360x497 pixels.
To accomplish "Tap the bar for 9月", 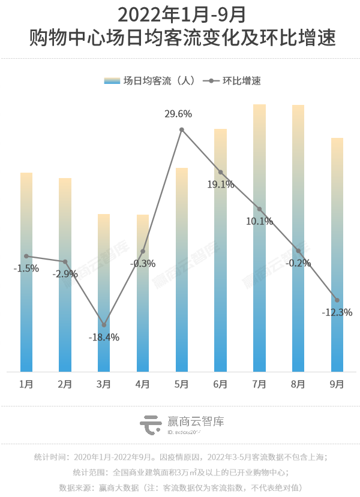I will point(337,255).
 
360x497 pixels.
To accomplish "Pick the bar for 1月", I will point(26,272).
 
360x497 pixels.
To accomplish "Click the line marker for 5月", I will point(182,129).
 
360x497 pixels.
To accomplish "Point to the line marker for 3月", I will point(104,325).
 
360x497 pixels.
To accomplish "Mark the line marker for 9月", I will point(337,300).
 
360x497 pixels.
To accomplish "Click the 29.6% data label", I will point(179,114).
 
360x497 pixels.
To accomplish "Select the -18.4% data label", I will point(104,338).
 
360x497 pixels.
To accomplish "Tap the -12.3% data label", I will point(337,312).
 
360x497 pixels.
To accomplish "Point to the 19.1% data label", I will point(220,185).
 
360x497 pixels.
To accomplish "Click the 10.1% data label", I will point(260,221).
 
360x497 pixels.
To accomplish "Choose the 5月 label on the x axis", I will point(182,384).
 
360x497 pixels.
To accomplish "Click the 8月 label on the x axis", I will point(298,384).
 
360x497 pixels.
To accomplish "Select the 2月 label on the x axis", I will point(65,384).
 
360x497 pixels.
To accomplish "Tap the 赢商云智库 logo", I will point(181,424).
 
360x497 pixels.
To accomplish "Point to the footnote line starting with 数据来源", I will point(180,487).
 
